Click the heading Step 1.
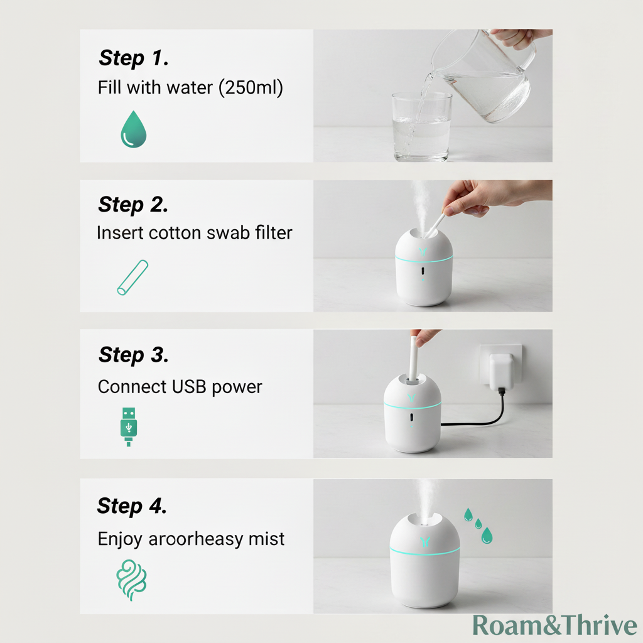tap(133, 58)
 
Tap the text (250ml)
tap(251, 88)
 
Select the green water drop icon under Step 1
tap(134, 129)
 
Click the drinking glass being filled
tap(421, 127)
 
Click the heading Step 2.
tap(133, 204)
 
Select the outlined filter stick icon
tap(132, 278)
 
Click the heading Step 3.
tap(133, 355)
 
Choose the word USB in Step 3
tap(188, 387)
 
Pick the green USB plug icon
tap(129, 427)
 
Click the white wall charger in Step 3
tap(501, 371)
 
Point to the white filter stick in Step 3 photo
tap(413, 359)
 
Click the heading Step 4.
tap(132, 505)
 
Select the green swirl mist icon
tap(131, 580)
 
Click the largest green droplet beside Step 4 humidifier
tap(487, 535)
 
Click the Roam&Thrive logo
tap(555, 625)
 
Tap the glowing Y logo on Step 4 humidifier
tap(425, 542)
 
